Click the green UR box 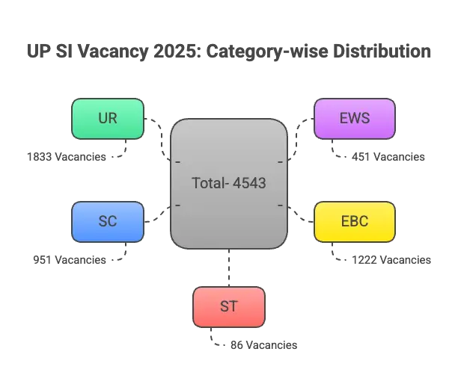point(107,119)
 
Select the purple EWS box point(354,119)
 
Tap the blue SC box point(107,222)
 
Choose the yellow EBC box point(354,222)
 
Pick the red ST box point(228,307)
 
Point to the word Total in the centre point(207,183)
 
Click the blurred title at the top point(228,52)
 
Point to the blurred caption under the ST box point(262,347)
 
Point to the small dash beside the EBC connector point(279,205)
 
